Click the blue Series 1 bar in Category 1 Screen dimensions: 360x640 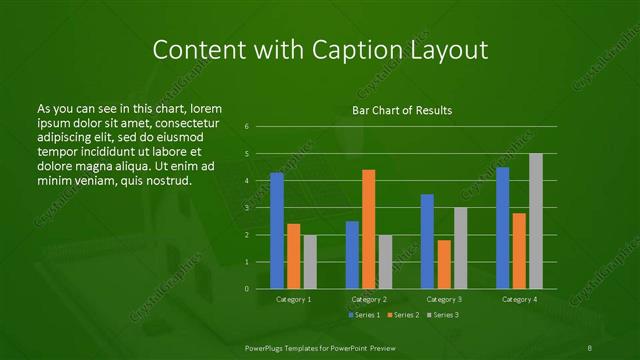point(277,231)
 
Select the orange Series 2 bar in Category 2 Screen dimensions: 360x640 point(368,229)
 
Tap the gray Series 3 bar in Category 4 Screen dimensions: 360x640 point(535,221)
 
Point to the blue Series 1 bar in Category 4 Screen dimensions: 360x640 point(502,228)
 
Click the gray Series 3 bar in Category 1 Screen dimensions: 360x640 point(310,262)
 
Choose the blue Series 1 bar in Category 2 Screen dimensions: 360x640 point(352,255)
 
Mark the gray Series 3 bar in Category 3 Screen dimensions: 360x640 point(460,248)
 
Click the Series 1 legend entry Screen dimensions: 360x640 point(364,315)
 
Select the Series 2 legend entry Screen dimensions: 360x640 point(405,315)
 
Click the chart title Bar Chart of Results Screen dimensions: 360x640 point(401,110)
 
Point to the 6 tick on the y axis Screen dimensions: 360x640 point(247,127)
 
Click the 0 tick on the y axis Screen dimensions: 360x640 point(247,289)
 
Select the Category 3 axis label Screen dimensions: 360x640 point(444,299)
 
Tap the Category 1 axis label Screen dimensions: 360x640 point(293,299)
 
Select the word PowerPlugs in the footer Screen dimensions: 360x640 point(270,345)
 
